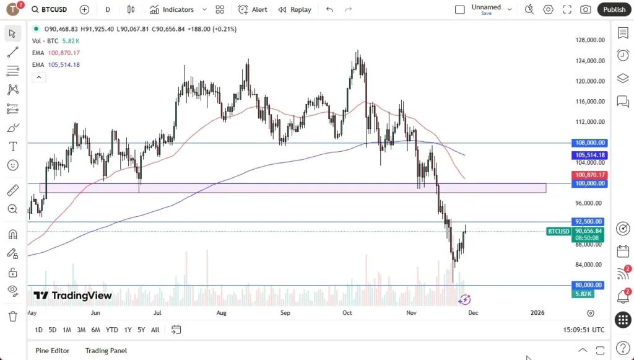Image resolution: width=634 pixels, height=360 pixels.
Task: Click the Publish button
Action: tap(614, 9)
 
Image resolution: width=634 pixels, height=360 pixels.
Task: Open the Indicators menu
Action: tap(172, 9)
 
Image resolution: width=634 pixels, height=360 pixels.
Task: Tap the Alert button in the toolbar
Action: tap(253, 9)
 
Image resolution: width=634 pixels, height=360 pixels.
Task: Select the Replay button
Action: tap(295, 9)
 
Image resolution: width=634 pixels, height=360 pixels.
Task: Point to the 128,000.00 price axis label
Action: tap(589, 40)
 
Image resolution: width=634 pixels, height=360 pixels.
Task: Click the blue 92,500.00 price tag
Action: tap(589, 221)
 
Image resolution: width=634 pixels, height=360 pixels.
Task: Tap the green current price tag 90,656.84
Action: tap(589, 230)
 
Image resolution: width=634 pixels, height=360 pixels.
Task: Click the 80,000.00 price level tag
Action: tap(589, 285)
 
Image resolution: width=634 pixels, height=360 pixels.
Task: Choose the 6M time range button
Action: tap(95, 330)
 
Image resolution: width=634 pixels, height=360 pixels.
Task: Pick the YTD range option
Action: tap(111, 330)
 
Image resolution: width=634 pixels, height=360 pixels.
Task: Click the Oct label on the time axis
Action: tap(347, 313)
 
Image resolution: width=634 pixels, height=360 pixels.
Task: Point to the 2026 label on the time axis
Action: tap(537, 313)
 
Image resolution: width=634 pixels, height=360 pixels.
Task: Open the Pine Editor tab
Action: tap(52, 351)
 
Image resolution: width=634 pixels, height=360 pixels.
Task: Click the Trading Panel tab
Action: tap(106, 351)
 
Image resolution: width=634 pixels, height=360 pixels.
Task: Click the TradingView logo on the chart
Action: tap(73, 296)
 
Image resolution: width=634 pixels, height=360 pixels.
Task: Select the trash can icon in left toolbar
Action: tap(12, 316)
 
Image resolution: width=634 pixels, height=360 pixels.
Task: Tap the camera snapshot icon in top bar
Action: tap(585, 9)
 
